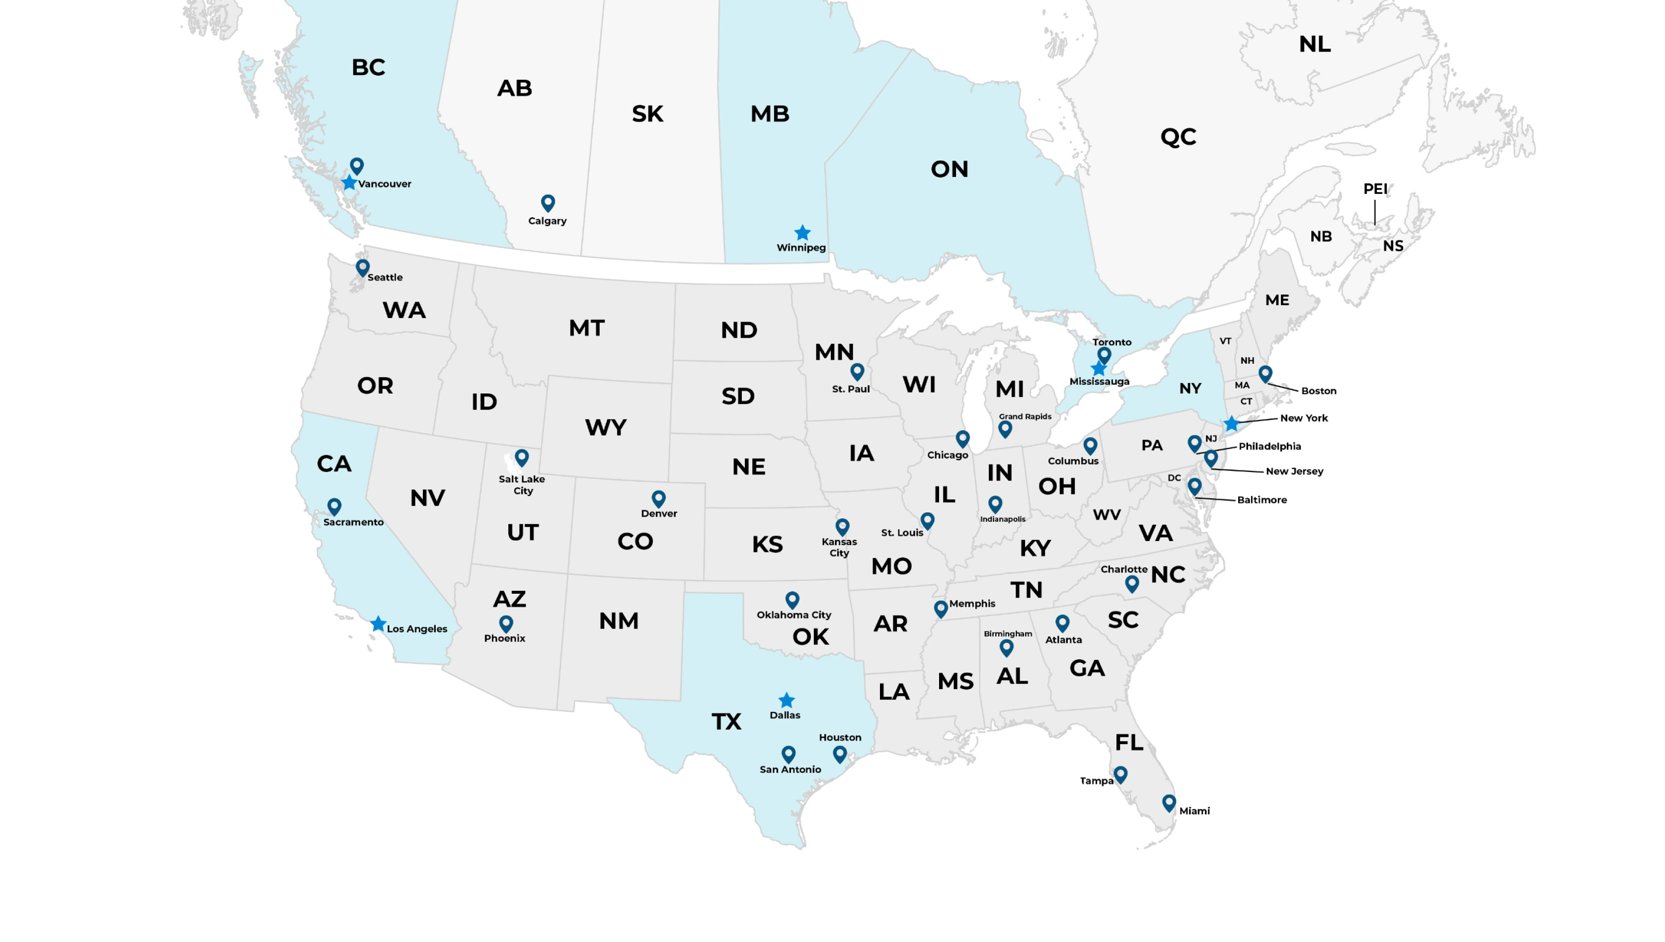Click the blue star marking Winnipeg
click(802, 233)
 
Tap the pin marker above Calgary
click(548, 203)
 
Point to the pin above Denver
click(658, 498)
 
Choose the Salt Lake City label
click(522, 484)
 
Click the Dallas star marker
click(787, 701)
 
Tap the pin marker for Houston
click(840, 754)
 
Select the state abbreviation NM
click(619, 621)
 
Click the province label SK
click(647, 114)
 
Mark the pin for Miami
click(1169, 802)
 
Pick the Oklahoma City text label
click(793, 615)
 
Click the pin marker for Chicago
click(962, 439)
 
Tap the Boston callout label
click(1318, 391)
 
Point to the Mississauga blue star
click(1099, 369)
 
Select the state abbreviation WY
click(606, 428)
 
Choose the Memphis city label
click(972, 604)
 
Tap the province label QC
click(1178, 137)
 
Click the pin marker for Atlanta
click(1062, 623)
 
